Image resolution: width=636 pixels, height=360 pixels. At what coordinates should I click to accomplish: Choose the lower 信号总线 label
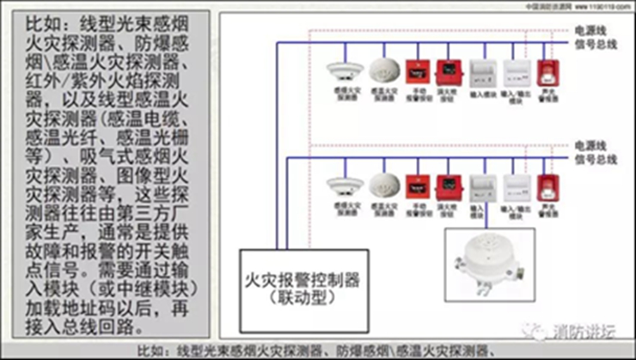click(595, 160)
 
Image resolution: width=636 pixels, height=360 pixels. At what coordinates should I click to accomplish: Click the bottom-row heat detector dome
click(380, 186)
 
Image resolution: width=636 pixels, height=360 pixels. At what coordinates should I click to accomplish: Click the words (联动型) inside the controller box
click(303, 297)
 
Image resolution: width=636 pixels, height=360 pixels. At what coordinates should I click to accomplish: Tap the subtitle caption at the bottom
click(318, 351)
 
